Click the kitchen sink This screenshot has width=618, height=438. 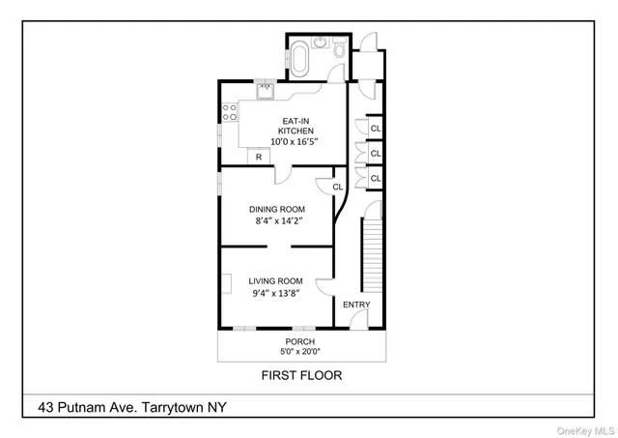coord(265,90)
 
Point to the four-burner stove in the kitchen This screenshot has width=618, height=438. coord(231,111)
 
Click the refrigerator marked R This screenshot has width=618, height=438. coord(258,157)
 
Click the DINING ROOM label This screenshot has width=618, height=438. coord(277,209)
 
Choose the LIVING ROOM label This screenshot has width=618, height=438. coord(275,281)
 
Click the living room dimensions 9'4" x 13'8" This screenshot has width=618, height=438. coord(275,294)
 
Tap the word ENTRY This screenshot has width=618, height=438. coord(356,306)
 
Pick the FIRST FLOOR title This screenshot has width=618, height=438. coord(301,375)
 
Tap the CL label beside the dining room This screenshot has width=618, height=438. coord(338,187)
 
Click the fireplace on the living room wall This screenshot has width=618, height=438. coord(224,283)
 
